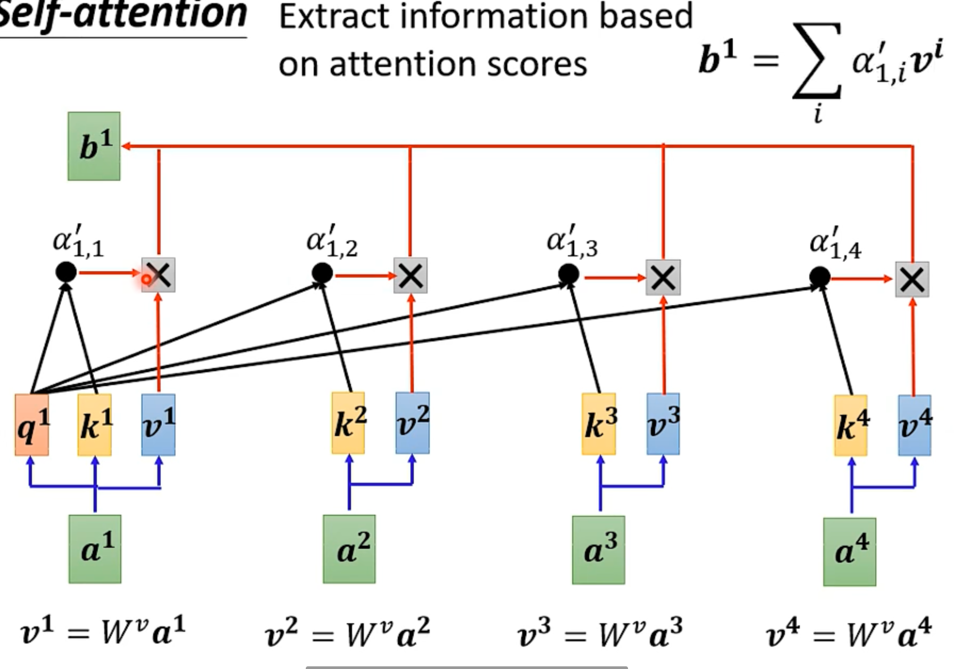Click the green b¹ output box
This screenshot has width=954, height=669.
[94, 146]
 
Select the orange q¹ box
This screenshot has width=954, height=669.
[32, 425]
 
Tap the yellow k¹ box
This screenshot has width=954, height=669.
[95, 425]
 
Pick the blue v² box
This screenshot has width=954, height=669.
[413, 423]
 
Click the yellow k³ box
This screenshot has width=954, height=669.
[599, 424]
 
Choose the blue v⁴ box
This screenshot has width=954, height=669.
[915, 425]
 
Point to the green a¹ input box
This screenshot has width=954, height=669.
[95, 549]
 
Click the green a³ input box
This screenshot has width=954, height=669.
[598, 550]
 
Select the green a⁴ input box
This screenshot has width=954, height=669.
[849, 552]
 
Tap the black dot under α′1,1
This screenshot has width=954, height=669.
[66, 272]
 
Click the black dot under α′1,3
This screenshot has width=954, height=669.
[568, 274]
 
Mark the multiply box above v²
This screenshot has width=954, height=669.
[411, 275]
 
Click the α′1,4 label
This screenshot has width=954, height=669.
[835, 244]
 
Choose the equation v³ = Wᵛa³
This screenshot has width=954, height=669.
[600, 633]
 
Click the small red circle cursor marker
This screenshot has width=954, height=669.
[146, 279]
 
